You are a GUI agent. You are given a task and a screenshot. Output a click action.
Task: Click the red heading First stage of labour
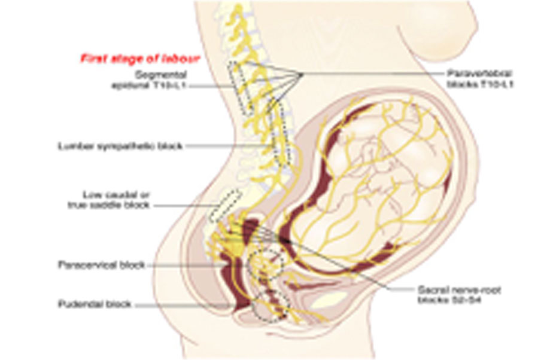[140, 59]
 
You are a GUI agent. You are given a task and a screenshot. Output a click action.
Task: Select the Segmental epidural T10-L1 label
[160, 80]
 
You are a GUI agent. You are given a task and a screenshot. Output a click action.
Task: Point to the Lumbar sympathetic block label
[120, 145]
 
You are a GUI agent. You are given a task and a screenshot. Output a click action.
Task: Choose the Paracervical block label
[101, 264]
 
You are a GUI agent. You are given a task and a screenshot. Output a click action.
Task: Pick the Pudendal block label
[95, 304]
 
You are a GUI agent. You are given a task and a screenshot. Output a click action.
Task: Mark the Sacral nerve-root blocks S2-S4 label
[458, 294]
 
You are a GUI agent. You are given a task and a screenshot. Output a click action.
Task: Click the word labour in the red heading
[184, 59]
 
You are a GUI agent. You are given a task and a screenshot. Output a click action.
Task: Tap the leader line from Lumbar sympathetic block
[221, 145]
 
